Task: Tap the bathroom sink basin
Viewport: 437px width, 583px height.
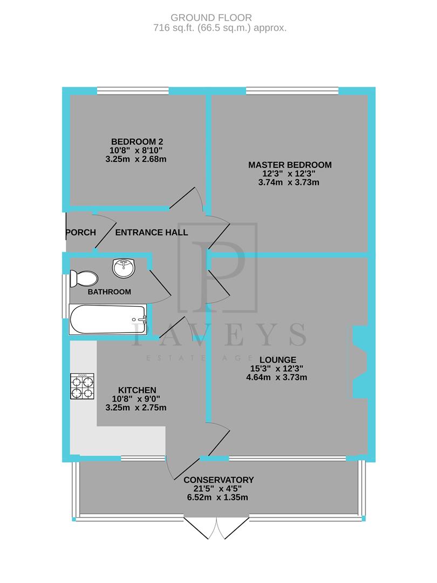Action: pyautogui.click(x=124, y=267)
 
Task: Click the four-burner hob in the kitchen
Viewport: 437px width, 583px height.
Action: pyautogui.click(x=82, y=387)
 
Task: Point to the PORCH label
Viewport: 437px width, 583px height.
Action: pyautogui.click(x=80, y=233)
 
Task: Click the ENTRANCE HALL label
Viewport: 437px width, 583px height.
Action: pyautogui.click(x=152, y=233)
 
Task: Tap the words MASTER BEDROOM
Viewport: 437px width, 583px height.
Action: pyautogui.click(x=290, y=165)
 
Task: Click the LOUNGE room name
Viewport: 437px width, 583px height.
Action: pyautogui.click(x=277, y=359)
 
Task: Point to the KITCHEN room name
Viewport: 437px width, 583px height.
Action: pyautogui.click(x=137, y=390)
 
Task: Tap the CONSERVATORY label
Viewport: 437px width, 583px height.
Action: pyautogui.click(x=218, y=480)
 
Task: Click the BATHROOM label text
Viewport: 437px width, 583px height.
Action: pyautogui.click(x=110, y=292)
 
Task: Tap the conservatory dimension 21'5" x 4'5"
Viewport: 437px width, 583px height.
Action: pyautogui.click(x=218, y=489)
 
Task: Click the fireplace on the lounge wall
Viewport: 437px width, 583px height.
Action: pyautogui.click(x=359, y=360)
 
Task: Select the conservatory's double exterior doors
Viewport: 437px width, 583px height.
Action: pyautogui.click(x=216, y=528)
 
